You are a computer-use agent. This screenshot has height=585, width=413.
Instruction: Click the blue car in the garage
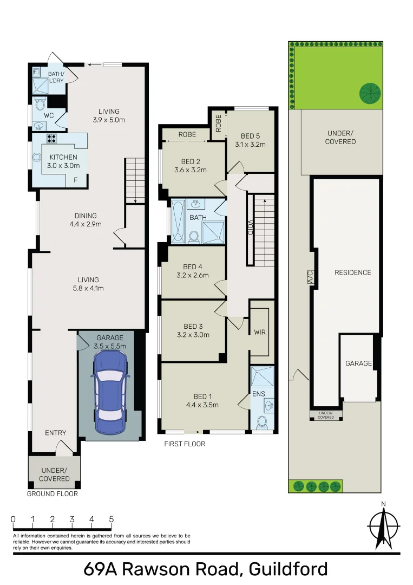click(x=110, y=391)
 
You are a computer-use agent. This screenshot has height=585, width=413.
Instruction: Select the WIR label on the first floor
click(x=260, y=332)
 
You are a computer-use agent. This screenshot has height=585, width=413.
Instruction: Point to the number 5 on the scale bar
click(x=111, y=519)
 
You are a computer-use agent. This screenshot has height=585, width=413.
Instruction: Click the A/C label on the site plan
click(x=310, y=276)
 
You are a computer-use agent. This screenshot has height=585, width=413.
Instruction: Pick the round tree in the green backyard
click(x=369, y=93)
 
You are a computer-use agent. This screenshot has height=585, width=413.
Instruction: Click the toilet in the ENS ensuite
click(x=263, y=422)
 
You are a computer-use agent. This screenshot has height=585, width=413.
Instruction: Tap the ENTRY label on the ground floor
click(x=55, y=433)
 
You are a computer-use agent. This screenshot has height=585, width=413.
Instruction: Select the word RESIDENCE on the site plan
click(x=352, y=272)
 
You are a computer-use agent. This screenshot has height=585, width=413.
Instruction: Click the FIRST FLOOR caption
click(x=185, y=444)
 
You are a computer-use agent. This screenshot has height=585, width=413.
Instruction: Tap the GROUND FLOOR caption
click(x=53, y=494)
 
